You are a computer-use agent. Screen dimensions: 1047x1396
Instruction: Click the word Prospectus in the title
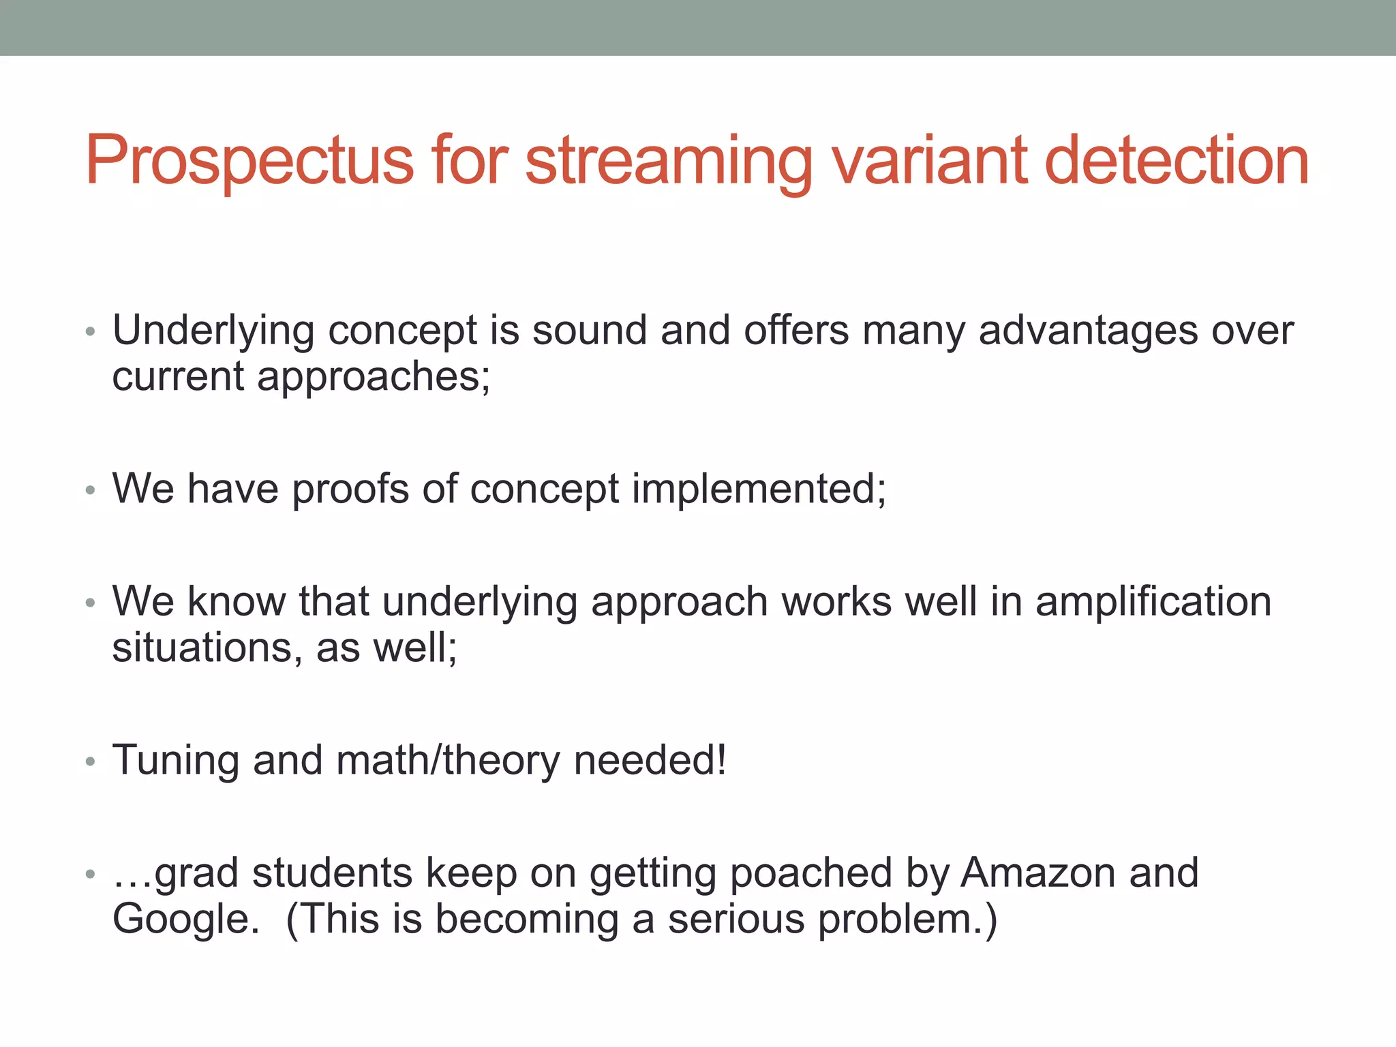tap(249, 160)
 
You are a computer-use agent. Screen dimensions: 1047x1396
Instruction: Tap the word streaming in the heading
tap(669, 160)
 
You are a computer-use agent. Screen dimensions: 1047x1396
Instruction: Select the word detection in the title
tap(1177, 160)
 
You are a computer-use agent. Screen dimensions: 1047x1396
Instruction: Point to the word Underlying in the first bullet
tap(213, 331)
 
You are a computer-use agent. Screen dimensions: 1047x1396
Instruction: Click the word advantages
tap(1088, 331)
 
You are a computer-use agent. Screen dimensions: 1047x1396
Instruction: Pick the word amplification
tap(1153, 602)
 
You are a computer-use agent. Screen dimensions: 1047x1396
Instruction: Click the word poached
tap(810, 873)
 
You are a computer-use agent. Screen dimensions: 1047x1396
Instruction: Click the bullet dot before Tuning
tap(91, 762)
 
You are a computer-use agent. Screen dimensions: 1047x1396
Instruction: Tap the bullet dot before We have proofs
tap(91, 490)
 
